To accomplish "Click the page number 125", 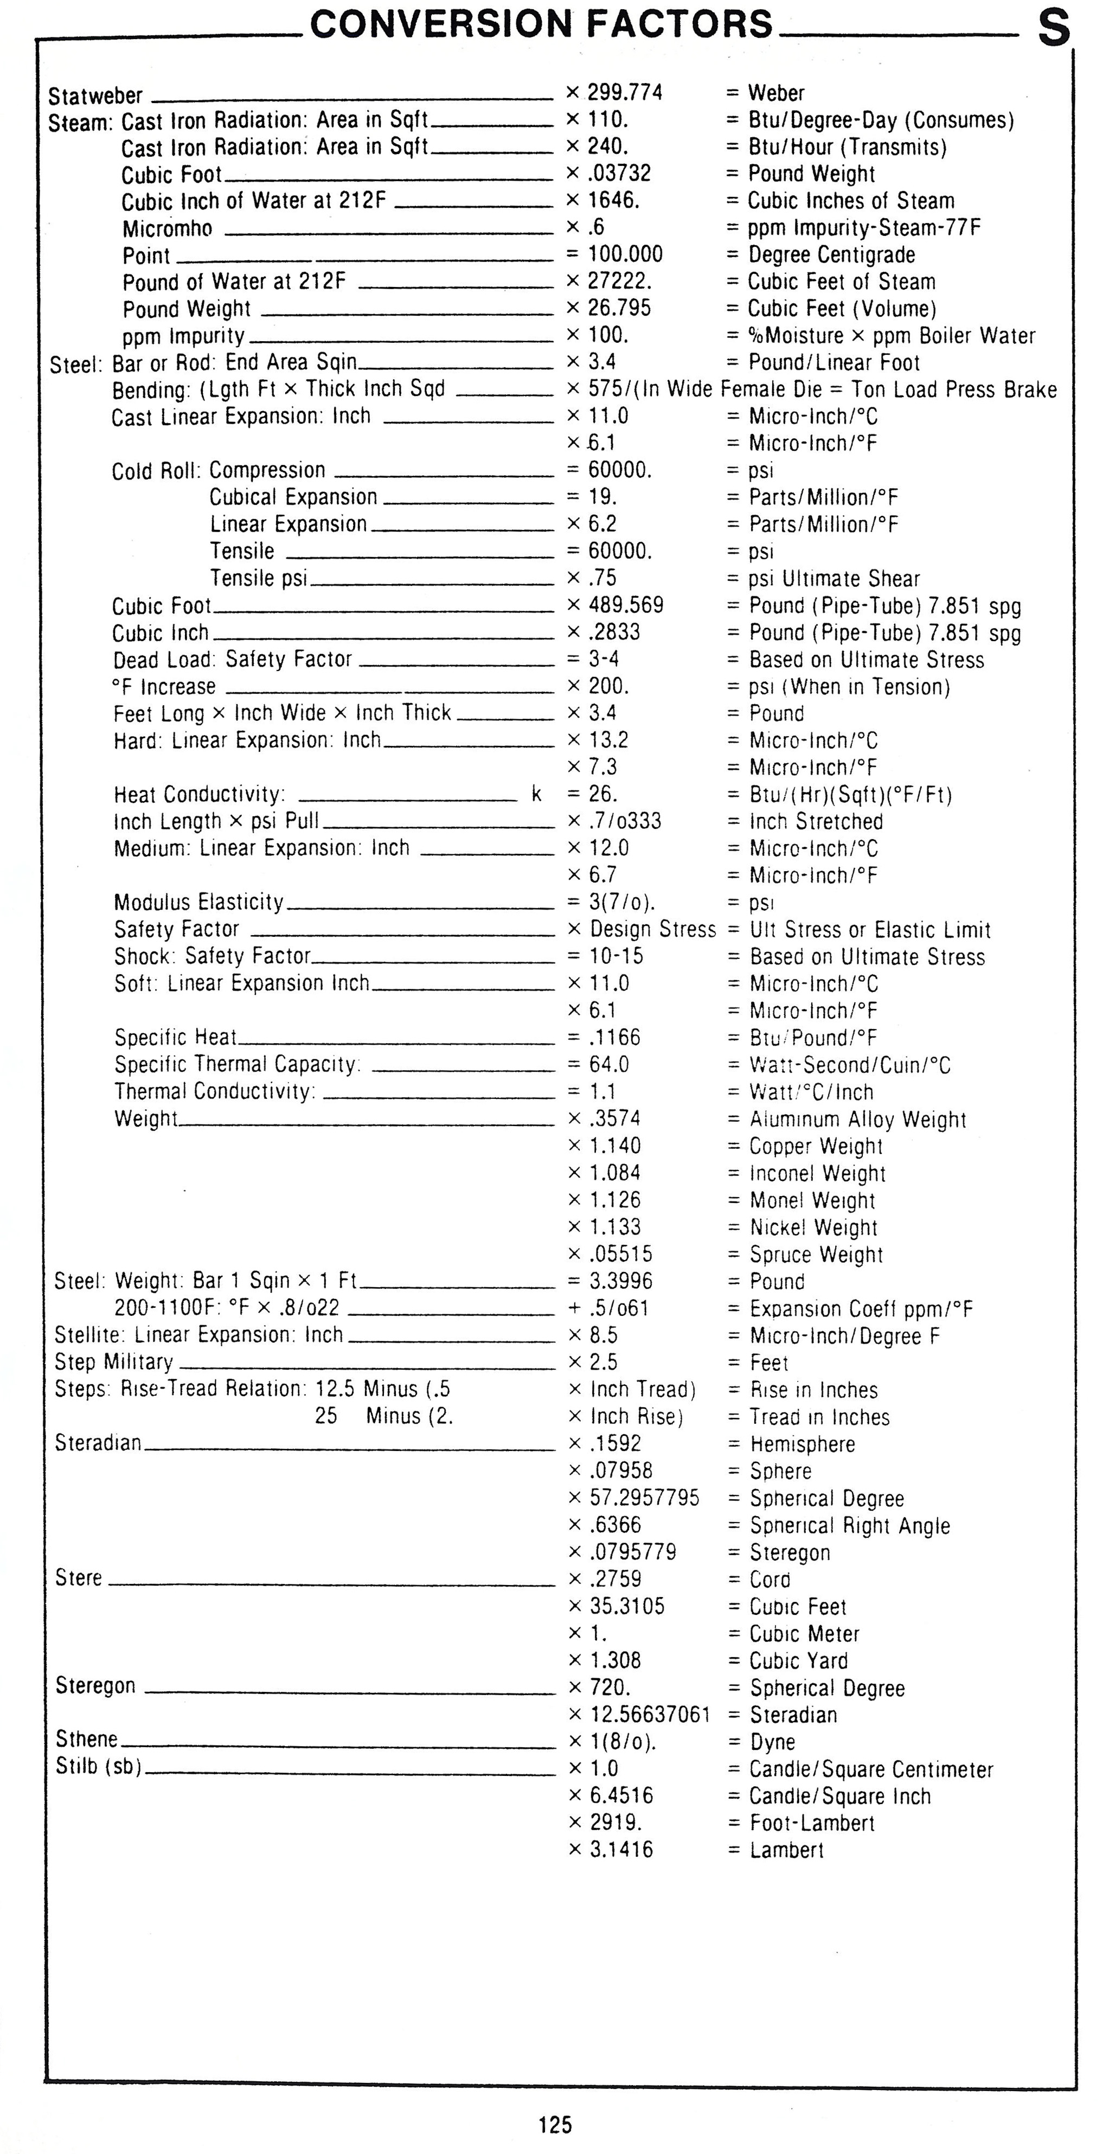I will tap(555, 2125).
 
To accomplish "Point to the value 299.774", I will tap(624, 92).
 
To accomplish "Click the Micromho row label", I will tap(167, 228).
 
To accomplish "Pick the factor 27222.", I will tap(619, 281).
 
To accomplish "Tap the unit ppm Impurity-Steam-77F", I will tap(864, 227).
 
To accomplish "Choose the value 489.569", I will tap(626, 605).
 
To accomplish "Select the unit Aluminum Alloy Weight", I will tap(857, 1119).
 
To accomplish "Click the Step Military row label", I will tap(114, 1362).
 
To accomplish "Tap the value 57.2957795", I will tap(644, 1497).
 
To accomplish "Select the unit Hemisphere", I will tap(802, 1443).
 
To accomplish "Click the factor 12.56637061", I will tap(649, 1714).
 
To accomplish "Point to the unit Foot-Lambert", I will tap(811, 1823).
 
